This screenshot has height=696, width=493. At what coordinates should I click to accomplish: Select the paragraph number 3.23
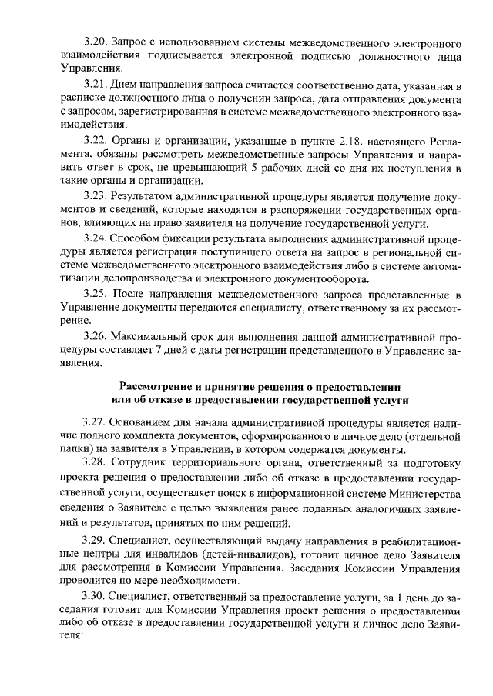tap(96, 196)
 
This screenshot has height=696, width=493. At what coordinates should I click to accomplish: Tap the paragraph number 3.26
tap(96, 336)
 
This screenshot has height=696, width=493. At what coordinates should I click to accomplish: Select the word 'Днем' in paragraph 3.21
tap(124, 84)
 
